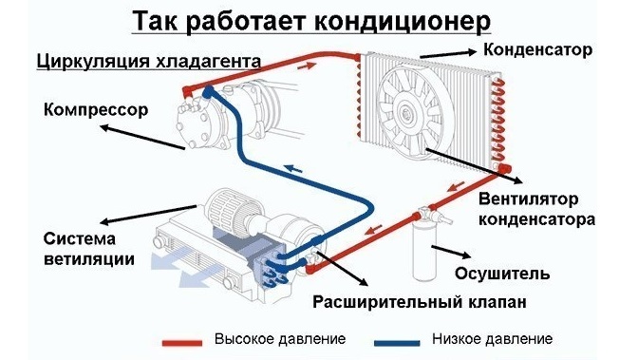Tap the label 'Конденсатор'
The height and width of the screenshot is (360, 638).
(541, 47)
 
